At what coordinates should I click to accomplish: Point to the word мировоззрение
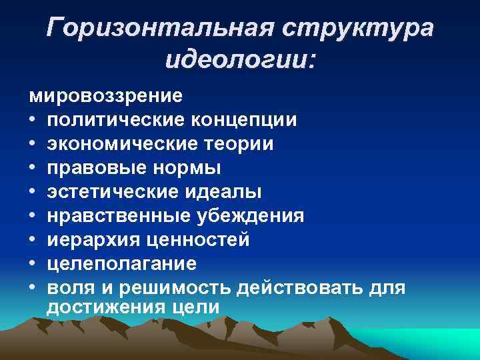[105, 96]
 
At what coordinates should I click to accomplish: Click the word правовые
[90, 168]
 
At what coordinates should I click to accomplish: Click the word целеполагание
[122, 264]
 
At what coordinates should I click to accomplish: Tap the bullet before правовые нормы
[33, 168]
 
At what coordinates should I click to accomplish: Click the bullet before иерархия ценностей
[33, 240]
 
